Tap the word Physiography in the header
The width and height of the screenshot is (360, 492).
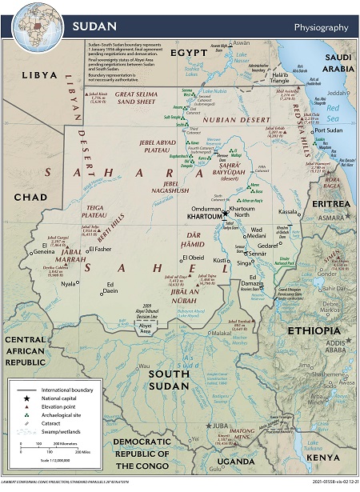click(x=321, y=27)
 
